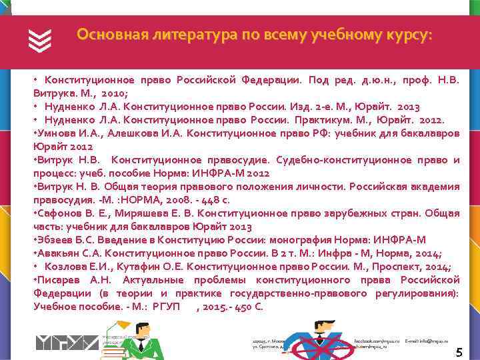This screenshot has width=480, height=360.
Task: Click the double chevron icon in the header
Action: coord(40,41)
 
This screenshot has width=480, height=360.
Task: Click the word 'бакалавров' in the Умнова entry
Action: coord(430,133)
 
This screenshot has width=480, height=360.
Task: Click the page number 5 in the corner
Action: coord(459,352)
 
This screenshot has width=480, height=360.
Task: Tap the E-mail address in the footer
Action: coord(427,341)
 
